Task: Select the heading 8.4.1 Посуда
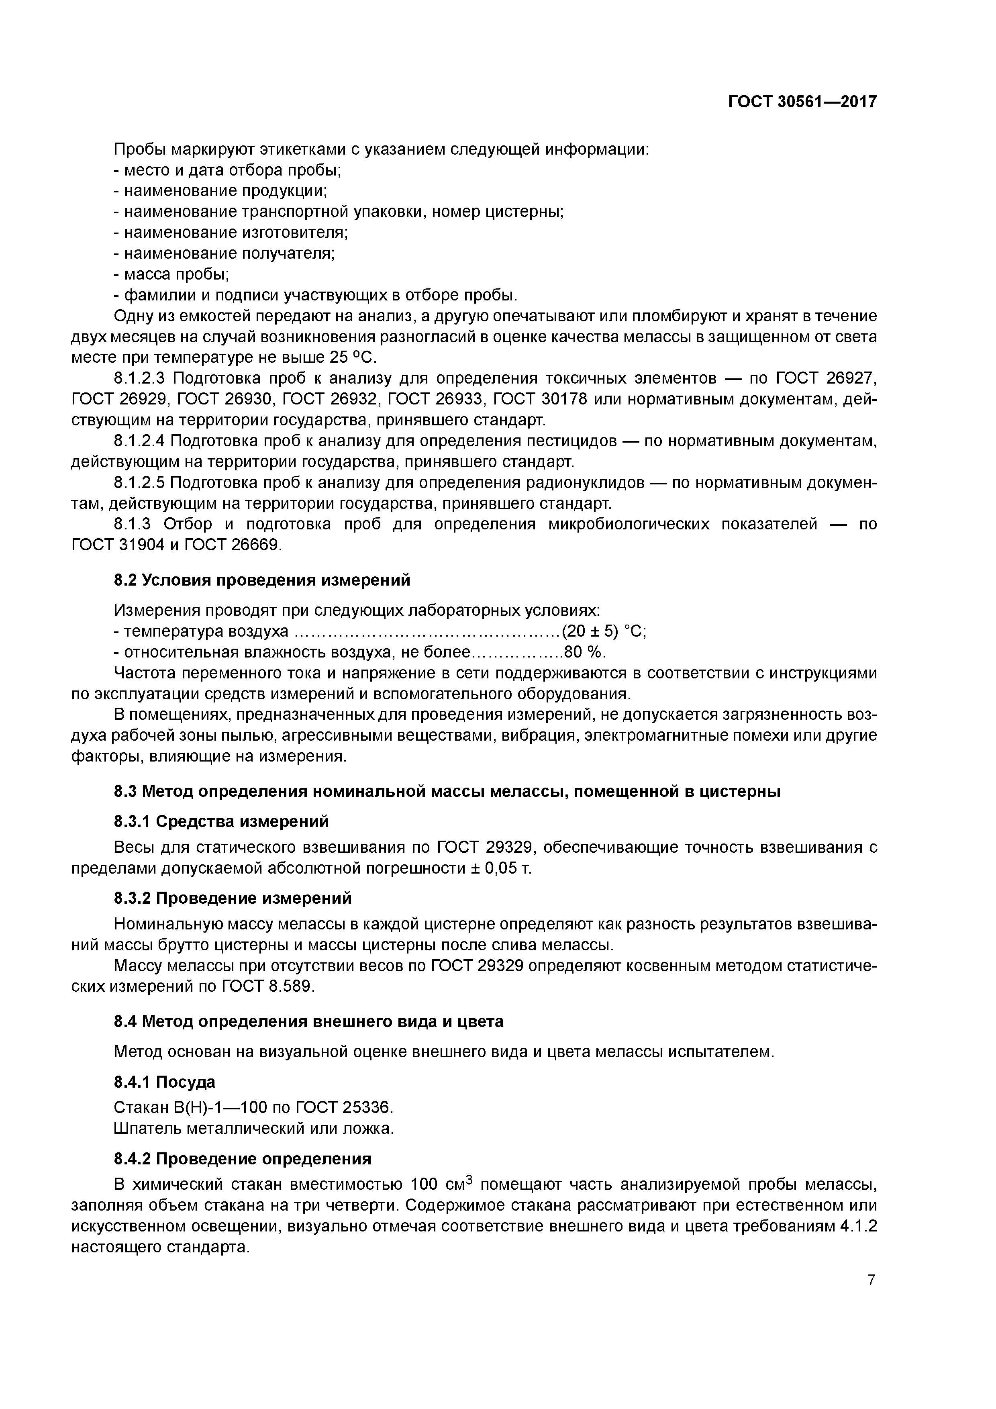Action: [x=165, y=1082]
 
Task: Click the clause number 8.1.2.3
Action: [x=139, y=378]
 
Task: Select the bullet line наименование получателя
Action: [x=224, y=253]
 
